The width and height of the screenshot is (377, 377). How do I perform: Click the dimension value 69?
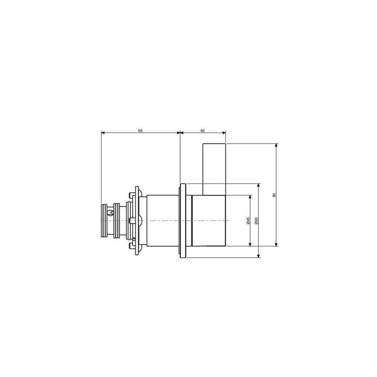point(140,130)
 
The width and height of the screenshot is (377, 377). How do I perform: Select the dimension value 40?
point(202,130)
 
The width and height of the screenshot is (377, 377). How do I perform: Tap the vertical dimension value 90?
point(274,195)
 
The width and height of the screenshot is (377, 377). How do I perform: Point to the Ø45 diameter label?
point(248,221)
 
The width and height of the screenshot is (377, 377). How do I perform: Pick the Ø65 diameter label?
point(256,221)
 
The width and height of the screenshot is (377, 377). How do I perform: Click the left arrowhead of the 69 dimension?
point(103,132)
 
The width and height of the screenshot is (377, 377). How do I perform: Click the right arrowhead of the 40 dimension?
point(224,132)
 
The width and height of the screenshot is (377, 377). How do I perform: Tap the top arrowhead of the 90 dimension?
point(276,145)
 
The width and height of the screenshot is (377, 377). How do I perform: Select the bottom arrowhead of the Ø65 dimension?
point(259,256)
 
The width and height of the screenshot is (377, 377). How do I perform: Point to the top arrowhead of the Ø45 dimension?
point(250,197)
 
